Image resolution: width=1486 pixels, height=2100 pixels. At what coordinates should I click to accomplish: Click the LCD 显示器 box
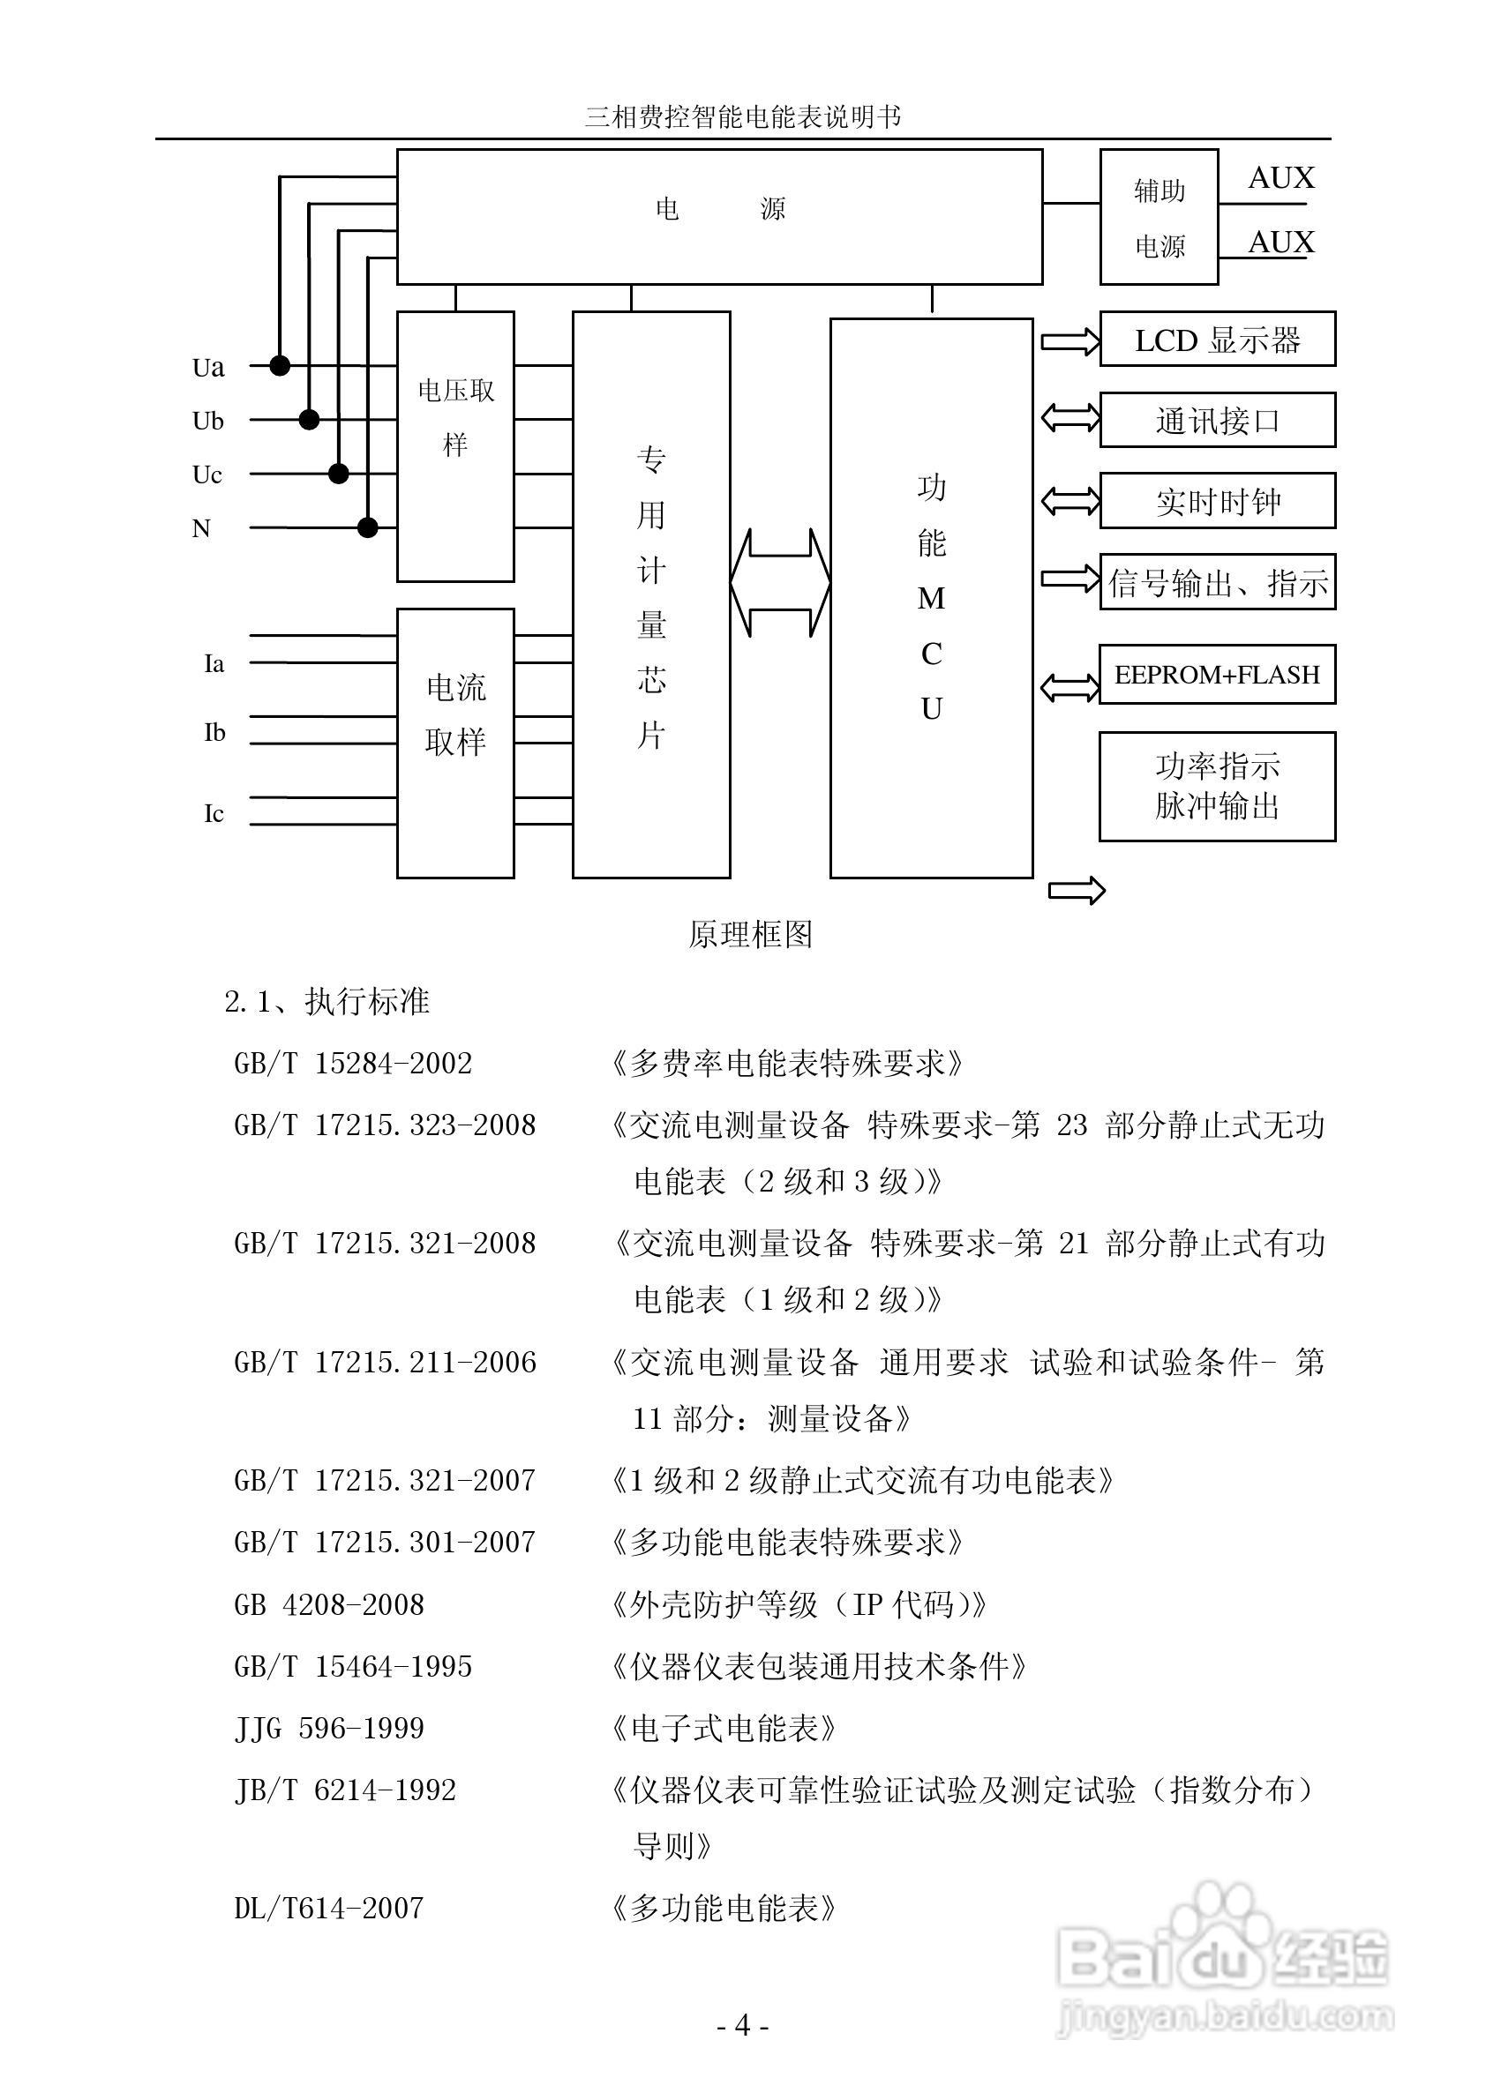[x=1216, y=340]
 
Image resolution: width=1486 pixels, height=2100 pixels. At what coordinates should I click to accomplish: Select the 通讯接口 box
[x=1216, y=421]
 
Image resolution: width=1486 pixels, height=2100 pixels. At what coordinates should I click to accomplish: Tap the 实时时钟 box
[x=1216, y=501]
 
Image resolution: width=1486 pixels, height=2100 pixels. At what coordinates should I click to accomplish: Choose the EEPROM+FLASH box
[x=1216, y=674]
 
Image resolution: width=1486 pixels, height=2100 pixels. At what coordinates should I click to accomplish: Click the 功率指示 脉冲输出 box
[x=1216, y=786]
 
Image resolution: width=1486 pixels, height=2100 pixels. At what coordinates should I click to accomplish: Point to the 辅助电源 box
[x=1159, y=218]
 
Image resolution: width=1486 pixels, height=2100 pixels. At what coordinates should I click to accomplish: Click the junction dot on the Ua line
[x=280, y=366]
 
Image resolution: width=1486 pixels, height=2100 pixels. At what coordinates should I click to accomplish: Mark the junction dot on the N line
[x=368, y=527]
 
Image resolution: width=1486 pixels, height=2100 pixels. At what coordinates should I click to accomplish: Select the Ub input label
[x=207, y=421]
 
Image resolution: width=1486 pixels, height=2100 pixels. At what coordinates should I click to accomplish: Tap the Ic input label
[x=214, y=813]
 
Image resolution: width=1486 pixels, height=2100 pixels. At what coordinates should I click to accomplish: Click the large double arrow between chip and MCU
[x=779, y=583]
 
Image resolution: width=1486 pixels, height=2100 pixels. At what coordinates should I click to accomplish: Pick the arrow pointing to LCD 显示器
[x=1069, y=341]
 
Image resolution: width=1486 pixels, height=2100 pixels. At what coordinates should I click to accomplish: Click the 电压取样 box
[x=455, y=446]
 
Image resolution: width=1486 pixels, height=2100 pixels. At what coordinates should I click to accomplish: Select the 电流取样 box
[x=455, y=743]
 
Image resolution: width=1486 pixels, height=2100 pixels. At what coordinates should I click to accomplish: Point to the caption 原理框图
[x=750, y=934]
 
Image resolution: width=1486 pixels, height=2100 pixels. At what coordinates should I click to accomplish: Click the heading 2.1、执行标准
[x=326, y=1002]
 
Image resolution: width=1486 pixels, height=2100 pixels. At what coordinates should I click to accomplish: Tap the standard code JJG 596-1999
[x=329, y=1728]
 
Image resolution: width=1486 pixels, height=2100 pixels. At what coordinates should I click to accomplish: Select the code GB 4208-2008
[x=329, y=1604]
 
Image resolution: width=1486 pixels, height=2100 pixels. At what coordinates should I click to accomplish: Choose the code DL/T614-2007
[x=329, y=1908]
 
